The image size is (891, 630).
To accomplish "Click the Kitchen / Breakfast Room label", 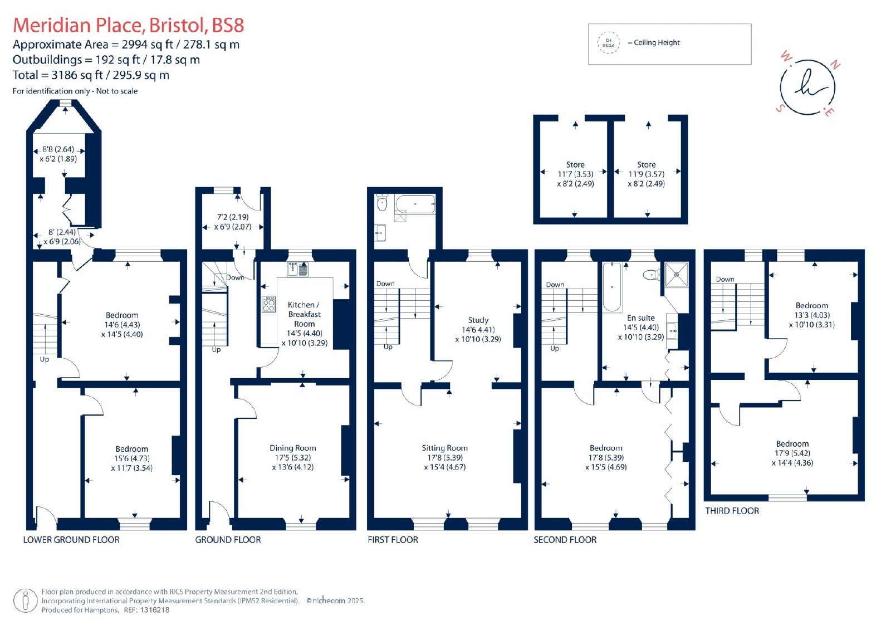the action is coord(304,314).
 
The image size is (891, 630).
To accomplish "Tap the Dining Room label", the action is coord(293,448).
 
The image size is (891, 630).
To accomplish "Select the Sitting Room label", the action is coord(445,448).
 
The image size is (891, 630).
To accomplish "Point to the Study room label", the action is coord(478,320).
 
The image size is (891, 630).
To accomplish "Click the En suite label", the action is coord(641,318).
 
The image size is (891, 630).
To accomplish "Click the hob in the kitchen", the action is coord(269,304).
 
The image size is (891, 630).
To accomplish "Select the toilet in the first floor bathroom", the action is coord(382,203).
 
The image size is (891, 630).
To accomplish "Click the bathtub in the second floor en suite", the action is coord(612,286).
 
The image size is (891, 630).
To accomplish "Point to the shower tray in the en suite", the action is coord(676,274).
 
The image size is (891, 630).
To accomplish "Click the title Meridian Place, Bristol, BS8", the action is coord(129,25).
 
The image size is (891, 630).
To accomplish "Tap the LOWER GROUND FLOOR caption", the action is coord(71,540).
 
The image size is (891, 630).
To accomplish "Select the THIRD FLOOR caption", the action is coord(732,511).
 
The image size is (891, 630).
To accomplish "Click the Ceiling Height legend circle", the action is coord(608,42).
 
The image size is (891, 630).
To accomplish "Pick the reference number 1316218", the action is coord(154,610).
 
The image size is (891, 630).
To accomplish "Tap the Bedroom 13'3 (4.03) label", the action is coord(812,315).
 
